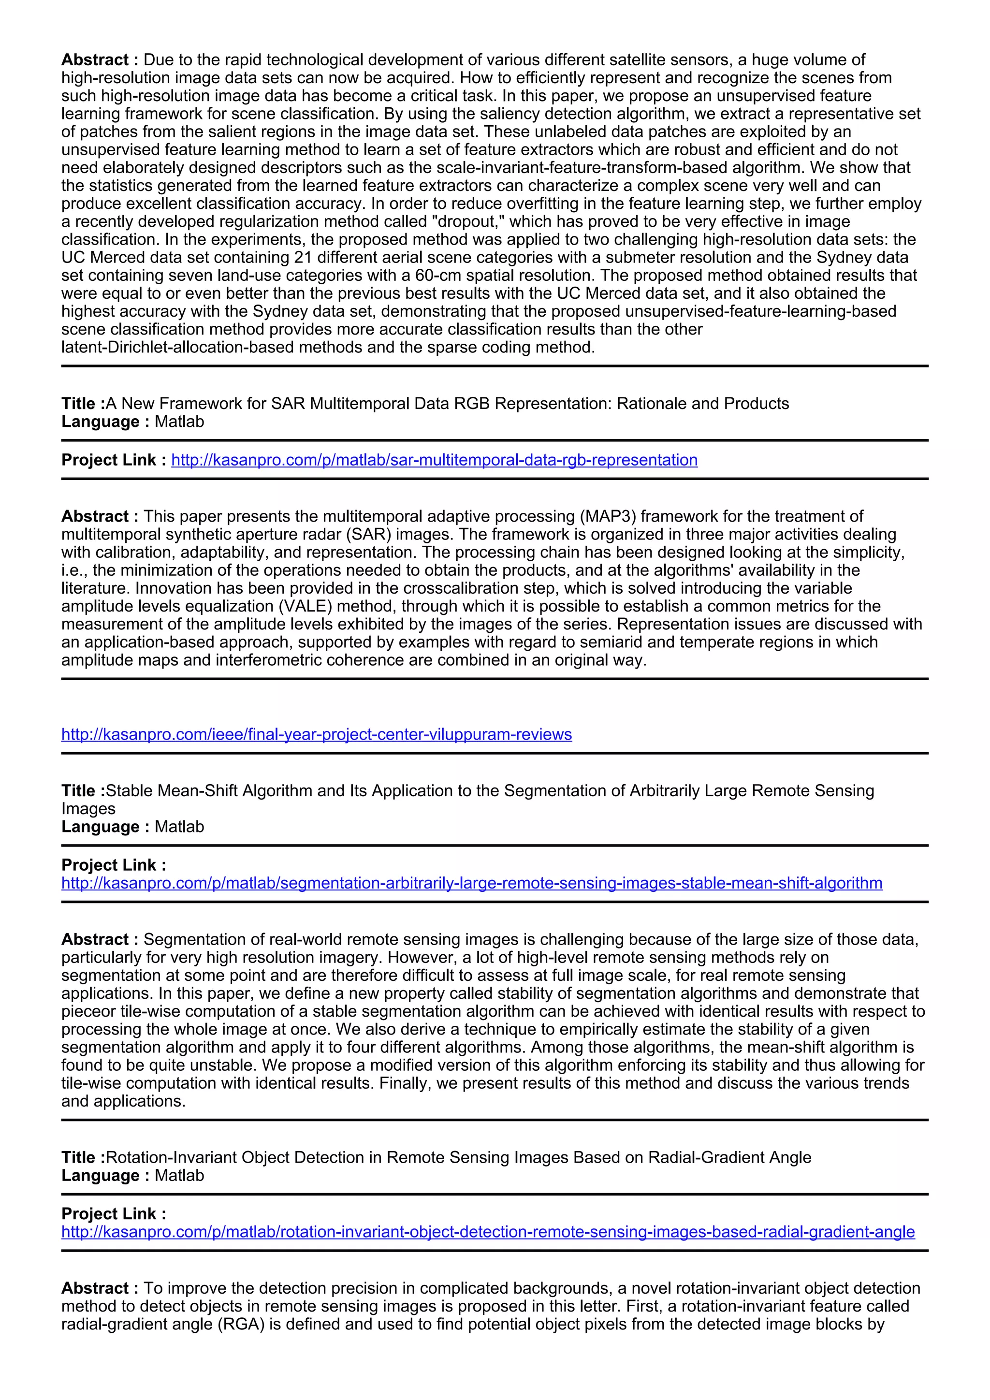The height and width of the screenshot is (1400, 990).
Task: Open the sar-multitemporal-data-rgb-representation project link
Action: tap(434, 460)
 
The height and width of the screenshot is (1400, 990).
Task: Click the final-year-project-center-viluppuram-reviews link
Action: tap(317, 734)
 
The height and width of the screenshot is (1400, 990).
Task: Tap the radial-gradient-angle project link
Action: tap(488, 1232)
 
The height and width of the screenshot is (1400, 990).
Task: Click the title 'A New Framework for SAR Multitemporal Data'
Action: tap(447, 404)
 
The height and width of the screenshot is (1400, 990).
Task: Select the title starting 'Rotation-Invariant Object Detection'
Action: tap(458, 1157)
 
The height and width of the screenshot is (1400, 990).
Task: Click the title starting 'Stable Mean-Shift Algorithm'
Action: tap(467, 791)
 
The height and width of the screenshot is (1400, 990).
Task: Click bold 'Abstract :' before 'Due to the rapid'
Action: tap(100, 60)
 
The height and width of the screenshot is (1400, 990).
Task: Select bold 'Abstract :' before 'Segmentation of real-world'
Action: tap(100, 940)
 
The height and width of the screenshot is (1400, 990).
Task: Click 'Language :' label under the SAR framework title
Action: tap(105, 422)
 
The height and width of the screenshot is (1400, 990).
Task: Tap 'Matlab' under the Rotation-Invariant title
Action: tap(179, 1176)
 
